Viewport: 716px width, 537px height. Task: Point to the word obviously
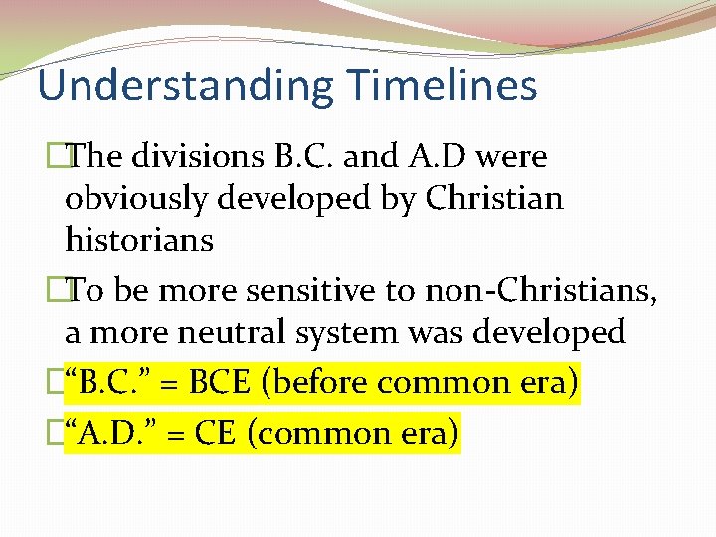138,198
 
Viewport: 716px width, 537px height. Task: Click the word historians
139,240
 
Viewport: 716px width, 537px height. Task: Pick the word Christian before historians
493,198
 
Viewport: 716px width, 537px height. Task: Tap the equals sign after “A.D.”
169,434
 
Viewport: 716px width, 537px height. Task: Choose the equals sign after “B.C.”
168,383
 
